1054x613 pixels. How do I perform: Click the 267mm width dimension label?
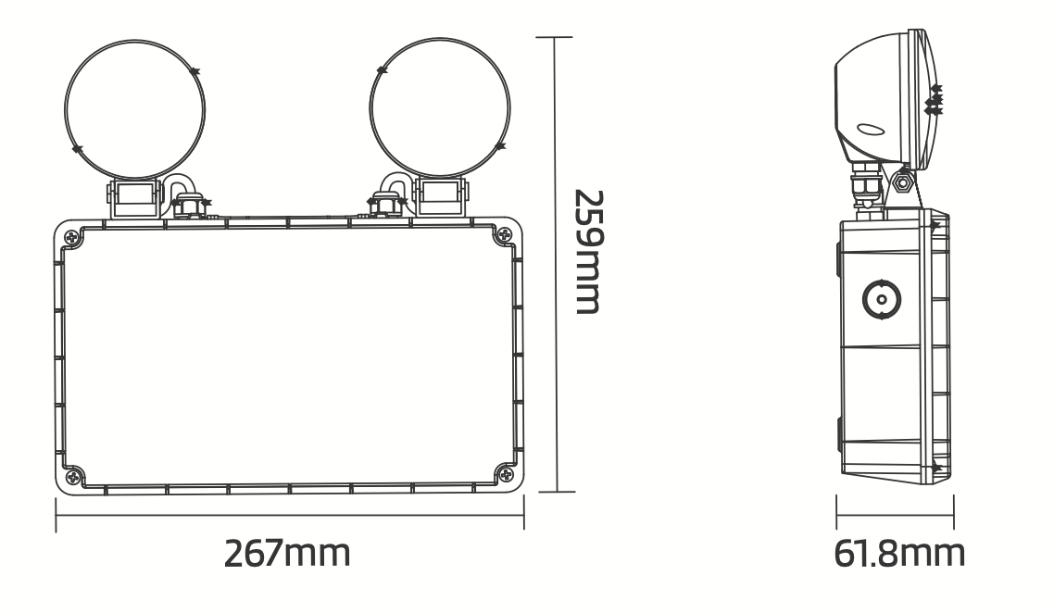(288, 554)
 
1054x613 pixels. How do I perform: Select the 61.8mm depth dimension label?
(899, 554)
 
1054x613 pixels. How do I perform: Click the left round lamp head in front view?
(134, 109)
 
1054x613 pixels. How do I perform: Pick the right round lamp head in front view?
(439, 109)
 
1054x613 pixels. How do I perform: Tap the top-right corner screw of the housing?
(504, 235)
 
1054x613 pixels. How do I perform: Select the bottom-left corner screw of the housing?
(73, 476)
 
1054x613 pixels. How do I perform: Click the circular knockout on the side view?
(878, 298)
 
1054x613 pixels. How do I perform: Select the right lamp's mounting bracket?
(442, 195)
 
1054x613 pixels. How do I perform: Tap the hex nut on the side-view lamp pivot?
(901, 178)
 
